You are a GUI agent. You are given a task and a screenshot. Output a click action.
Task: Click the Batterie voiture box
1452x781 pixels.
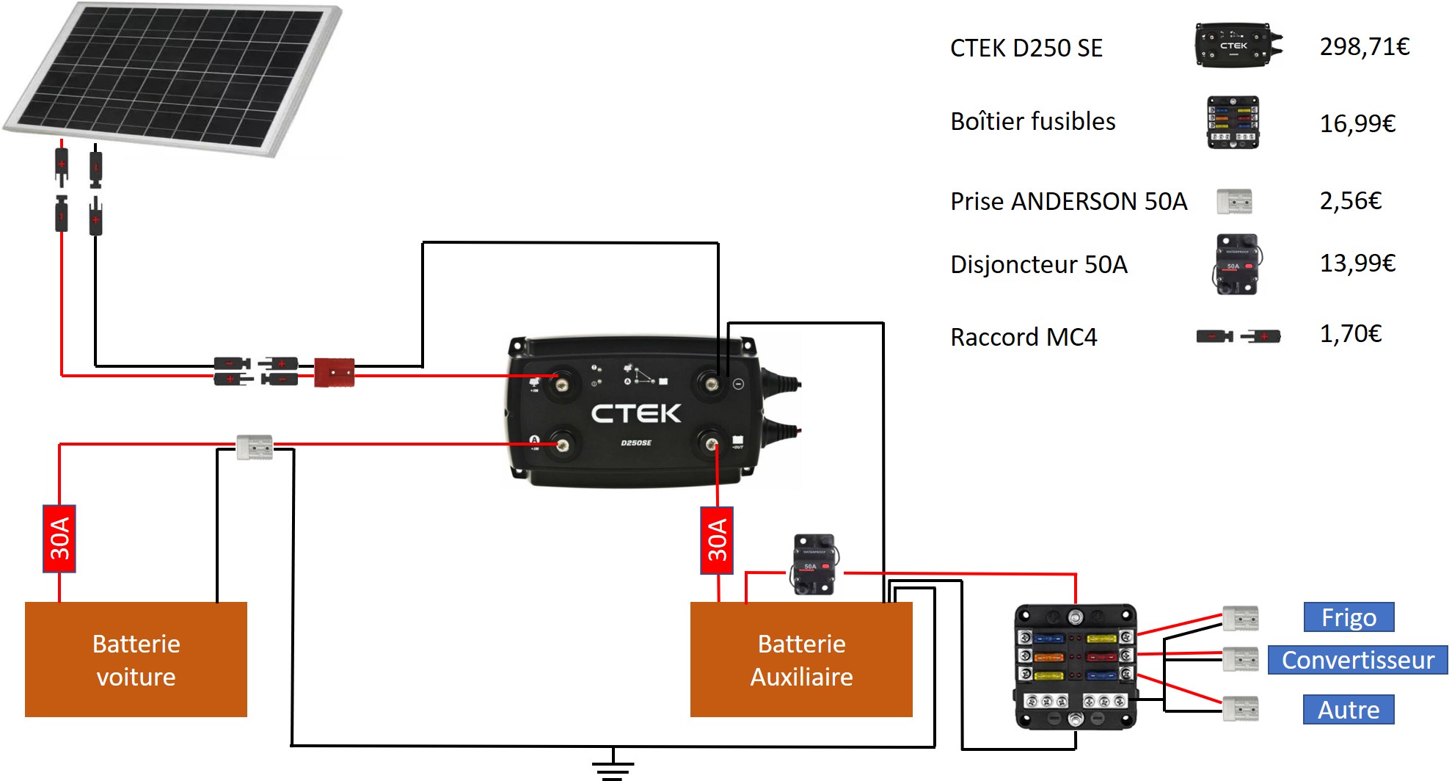pyautogui.click(x=136, y=659)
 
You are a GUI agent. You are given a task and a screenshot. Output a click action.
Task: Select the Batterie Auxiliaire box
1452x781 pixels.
pyautogui.click(x=801, y=659)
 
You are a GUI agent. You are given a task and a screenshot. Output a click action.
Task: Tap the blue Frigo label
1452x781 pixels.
pyautogui.click(x=1349, y=617)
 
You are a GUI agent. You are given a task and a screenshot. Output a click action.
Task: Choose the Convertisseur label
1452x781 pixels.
pyautogui.click(x=1357, y=660)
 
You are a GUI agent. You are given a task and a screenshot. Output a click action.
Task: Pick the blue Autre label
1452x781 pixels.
pyautogui.click(x=1349, y=710)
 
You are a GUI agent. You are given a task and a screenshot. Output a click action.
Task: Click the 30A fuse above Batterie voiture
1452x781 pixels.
pyautogui.click(x=59, y=539)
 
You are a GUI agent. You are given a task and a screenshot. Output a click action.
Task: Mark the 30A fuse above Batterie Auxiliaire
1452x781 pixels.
pyautogui.click(x=717, y=540)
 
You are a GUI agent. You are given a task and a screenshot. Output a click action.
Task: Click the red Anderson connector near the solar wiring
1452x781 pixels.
pyautogui.click(x=334, y=372)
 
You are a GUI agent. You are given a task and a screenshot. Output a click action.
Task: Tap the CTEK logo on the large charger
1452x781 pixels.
pyautogui.click(x=636, y=413)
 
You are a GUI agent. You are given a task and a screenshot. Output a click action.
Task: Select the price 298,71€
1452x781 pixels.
pyautogui.click(x=1364, y=47)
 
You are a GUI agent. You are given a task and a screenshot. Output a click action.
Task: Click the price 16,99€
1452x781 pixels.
pyautogui.click(x=1357, y=123)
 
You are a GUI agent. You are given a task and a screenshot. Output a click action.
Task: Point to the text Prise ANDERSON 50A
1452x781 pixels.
pyautogui.click(x=1068, y=201)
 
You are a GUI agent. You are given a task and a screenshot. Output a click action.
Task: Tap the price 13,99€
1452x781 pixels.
pyautogui.click(x=1357, y=263)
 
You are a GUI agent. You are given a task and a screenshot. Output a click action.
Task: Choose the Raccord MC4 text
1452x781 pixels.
pyautogui.click(x=1024, y=337)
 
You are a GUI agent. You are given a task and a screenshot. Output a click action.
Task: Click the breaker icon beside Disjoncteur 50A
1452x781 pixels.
pyautogui.click(x=1237, y=264)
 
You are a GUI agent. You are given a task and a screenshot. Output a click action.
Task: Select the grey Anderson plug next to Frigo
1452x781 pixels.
pyautogui.click(x=1241, y=619)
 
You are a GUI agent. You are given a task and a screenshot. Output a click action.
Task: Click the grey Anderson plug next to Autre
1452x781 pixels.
pyautogui.click(x=1241, y=709)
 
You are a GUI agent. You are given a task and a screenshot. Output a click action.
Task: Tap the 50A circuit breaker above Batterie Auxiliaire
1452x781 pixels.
pyautogui.click(x=814, y=564)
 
